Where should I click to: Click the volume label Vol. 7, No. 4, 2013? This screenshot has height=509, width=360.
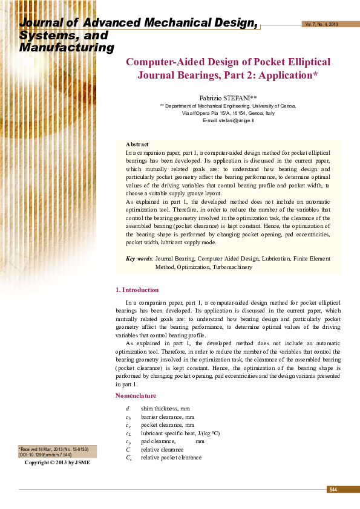(x=321, y=24)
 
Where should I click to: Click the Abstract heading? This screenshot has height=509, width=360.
(x=137, y=144)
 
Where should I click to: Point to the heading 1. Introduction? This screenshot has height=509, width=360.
(x=137, y=290)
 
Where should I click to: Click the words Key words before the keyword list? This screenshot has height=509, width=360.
(x=139, y=259)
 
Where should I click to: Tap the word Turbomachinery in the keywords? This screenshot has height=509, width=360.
(x=232, y=267)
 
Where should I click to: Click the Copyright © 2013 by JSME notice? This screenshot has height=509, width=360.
(x=57, y=462)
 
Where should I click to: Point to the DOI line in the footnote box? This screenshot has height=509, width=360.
(x=45, y=455)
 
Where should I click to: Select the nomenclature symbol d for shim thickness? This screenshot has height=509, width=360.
(x=127, y=409)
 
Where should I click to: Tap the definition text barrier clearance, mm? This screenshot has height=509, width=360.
(x=168, y=417)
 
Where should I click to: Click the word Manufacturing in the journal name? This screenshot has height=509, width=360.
(x=67, y=47)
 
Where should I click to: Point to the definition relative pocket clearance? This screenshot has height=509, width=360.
(x=171, y=458)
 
